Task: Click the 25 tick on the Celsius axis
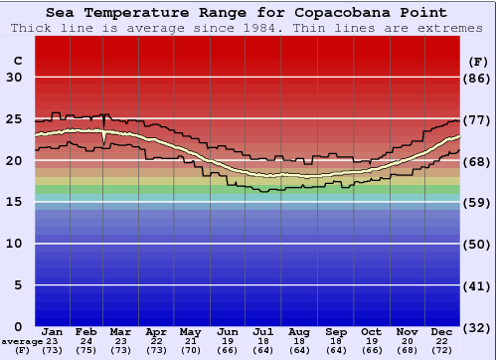click(15, 118)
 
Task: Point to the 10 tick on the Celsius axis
click(15, 244)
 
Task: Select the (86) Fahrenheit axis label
click(477, 78)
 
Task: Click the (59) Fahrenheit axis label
click(477, 203)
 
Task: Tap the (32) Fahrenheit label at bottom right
click(477, 327)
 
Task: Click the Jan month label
click(53, 331)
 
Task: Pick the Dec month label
click(442, 331)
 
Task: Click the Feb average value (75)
click(86, 351)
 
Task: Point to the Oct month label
click(372, 331)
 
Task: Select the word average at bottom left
click(22, 341)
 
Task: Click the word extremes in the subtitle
click(453, 28)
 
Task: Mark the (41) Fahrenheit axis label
click(477, 285)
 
